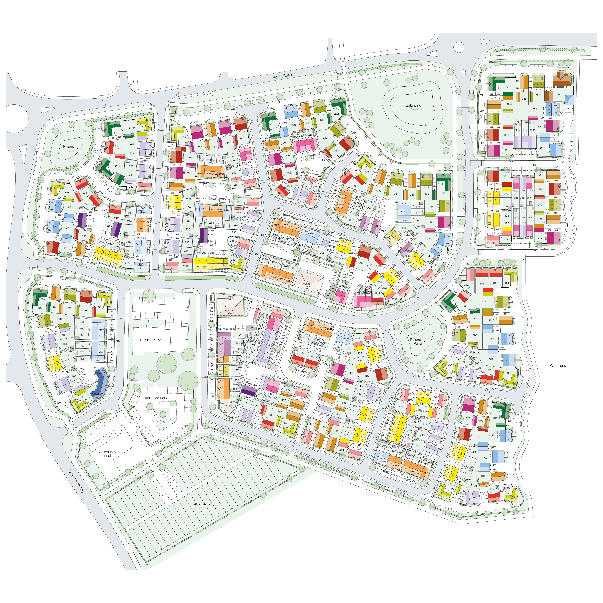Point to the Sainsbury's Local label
click(x=106, y=453)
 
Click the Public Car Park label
click(x=155, y=398)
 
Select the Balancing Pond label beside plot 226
click(x=71, y=148)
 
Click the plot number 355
click(x=508, y=87)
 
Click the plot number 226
click(x=123, y=130)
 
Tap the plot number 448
click(x=286, y=423)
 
